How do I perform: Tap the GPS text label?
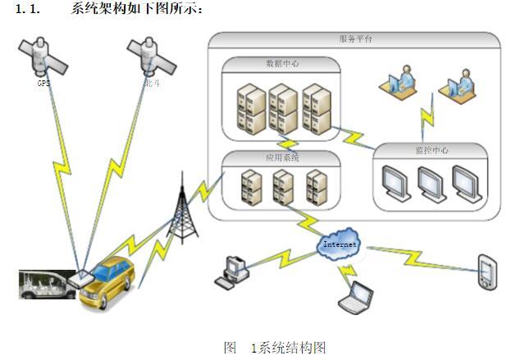point(43,83)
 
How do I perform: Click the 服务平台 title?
point(355,39)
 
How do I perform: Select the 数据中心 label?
point(281,63)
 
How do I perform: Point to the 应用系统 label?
point(283,157)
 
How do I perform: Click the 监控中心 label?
point(431,150)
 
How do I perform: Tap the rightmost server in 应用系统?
point(317,188)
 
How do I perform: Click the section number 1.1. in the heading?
point(29,7)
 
